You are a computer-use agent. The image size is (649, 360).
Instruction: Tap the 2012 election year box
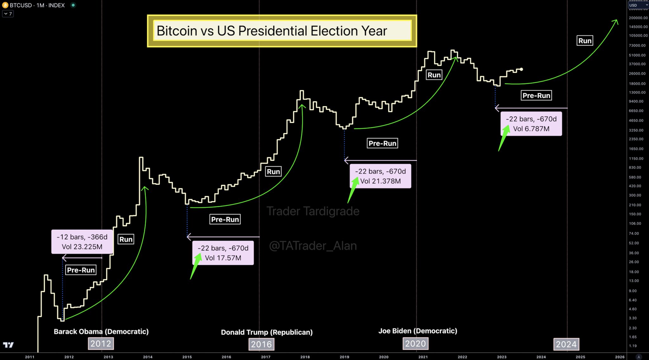[101, 344]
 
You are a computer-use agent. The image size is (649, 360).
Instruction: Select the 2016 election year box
[261, 344]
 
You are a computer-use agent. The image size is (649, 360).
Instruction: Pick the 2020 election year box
[415, 344]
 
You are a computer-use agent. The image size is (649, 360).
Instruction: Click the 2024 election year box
[566, 344]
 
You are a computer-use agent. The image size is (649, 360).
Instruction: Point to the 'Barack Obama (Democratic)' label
[101, 331]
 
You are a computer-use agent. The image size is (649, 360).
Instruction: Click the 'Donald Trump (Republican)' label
[267, 332]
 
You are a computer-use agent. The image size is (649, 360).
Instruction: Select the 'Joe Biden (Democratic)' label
[418, 331]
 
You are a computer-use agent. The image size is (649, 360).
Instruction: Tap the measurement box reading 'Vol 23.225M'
[82, 242]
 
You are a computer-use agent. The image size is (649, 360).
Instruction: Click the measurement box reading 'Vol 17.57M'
[223, 253]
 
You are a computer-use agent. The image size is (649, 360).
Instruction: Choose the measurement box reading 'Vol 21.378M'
[380, 176]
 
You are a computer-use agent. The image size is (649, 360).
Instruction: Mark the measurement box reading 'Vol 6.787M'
[531, 124]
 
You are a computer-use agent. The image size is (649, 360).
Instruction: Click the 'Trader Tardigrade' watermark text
[313, 211]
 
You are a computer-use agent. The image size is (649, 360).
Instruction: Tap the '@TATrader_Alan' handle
[313, 246]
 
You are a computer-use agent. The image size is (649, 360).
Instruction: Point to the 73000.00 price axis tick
[637, 46]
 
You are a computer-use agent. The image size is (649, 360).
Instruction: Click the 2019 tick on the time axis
[344, 357]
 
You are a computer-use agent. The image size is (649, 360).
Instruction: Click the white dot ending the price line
[521, 69]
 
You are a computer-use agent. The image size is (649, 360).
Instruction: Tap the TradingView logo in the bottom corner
[8, 345]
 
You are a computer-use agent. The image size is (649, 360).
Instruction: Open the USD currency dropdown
[638, 5]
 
